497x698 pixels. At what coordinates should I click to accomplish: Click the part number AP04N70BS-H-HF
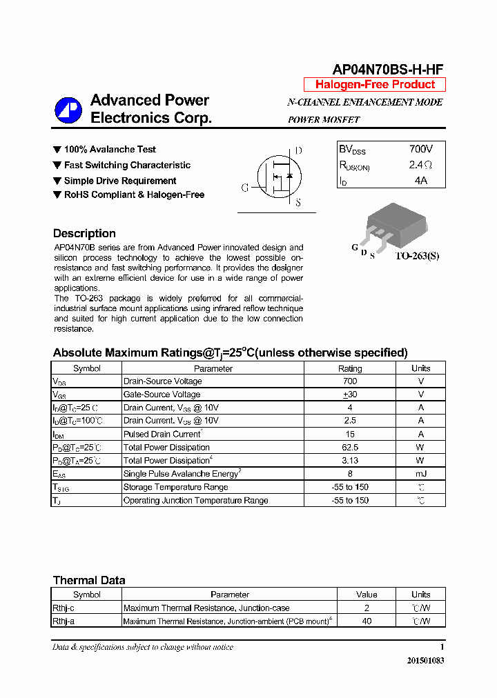388,68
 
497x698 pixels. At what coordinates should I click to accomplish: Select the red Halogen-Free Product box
375,85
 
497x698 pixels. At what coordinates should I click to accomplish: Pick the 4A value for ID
420,180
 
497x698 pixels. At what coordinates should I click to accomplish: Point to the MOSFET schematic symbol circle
279,177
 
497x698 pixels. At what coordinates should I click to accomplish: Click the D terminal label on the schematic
298,151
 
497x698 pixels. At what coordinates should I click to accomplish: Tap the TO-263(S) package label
416,256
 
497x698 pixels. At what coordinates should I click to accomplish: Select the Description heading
84,233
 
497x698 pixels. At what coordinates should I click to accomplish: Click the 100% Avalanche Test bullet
110,150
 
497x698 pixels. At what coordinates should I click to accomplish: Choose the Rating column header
350,368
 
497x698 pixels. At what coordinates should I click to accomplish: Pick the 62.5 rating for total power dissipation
350,448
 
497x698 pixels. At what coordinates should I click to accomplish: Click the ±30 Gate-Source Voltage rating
350,395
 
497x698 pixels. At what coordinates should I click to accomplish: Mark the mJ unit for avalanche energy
420,474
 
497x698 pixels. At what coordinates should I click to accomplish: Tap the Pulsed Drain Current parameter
162,435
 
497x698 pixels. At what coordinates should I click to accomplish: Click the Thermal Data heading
89,580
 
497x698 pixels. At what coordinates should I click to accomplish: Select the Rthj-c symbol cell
64,608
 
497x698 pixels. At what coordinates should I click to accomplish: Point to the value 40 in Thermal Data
367,621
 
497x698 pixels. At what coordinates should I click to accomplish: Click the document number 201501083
425,661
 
